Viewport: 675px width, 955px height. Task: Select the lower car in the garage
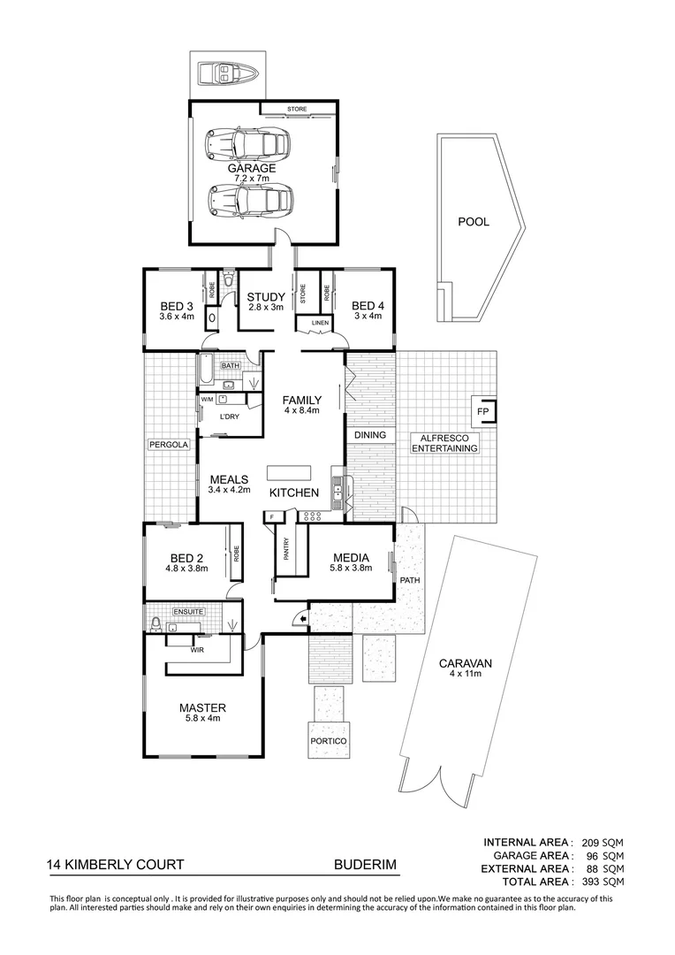point(241,201)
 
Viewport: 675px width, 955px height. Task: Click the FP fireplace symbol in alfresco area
point(484,411)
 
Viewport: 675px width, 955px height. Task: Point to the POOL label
point(473,222)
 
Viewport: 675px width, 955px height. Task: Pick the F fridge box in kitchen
point(272,516)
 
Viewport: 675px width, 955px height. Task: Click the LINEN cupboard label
point(319,324)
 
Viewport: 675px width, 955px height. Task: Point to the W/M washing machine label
point(208,400)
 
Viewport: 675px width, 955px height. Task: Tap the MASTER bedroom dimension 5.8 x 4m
point(202,719)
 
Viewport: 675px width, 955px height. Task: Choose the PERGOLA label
point(170,445)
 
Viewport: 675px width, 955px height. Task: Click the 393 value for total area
point(591,882)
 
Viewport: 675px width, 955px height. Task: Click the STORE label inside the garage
point(297,110)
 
